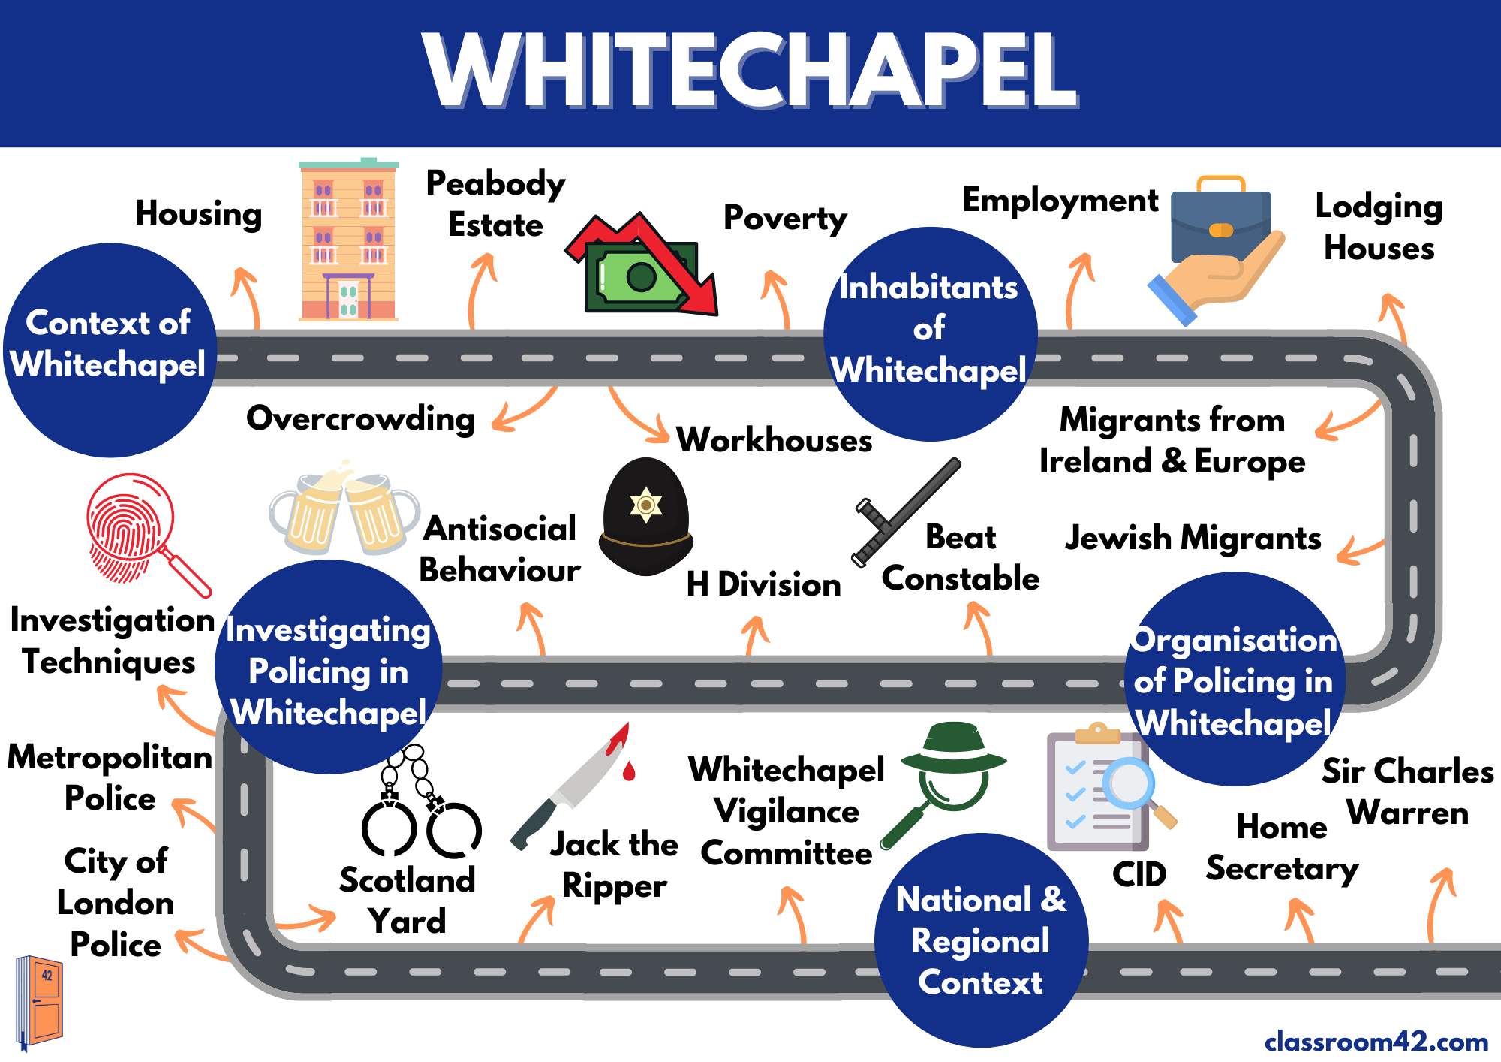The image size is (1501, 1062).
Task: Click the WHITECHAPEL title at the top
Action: click(x=750, y=71)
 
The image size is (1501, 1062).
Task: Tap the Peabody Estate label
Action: click(x=495, y=204)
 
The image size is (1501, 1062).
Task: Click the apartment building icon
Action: click(x=349, y=241)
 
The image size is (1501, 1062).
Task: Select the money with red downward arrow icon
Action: click(x=642, y=266)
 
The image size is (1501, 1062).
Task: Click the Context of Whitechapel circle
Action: click(x=110, y=350)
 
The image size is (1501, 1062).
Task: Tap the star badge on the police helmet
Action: click(x=645, y=504)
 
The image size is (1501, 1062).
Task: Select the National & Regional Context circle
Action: click(x=981, y=940)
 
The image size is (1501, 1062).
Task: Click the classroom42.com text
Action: click(x=1376, y=1042)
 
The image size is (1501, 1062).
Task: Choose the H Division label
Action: click(x=763, y=584)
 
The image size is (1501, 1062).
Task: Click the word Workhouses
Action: click(x=774, y=440)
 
